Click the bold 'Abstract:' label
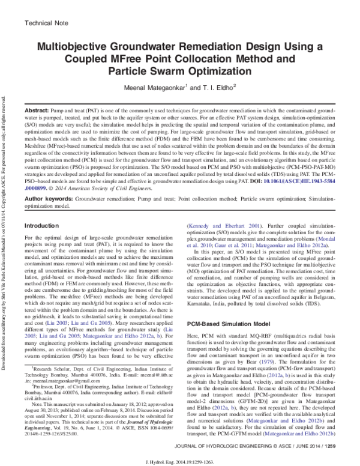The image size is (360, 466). (x=34, y=112)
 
